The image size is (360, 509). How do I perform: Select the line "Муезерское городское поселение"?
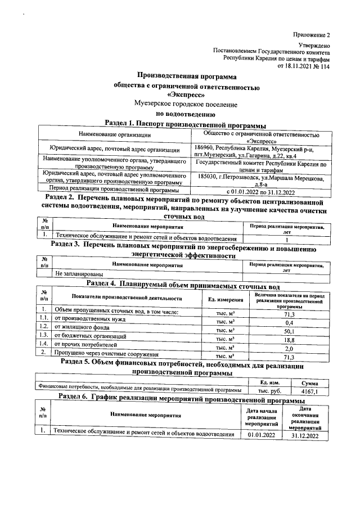point(186,104)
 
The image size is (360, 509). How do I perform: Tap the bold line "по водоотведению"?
point(186,114)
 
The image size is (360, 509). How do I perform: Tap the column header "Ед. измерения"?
point(226,298)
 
